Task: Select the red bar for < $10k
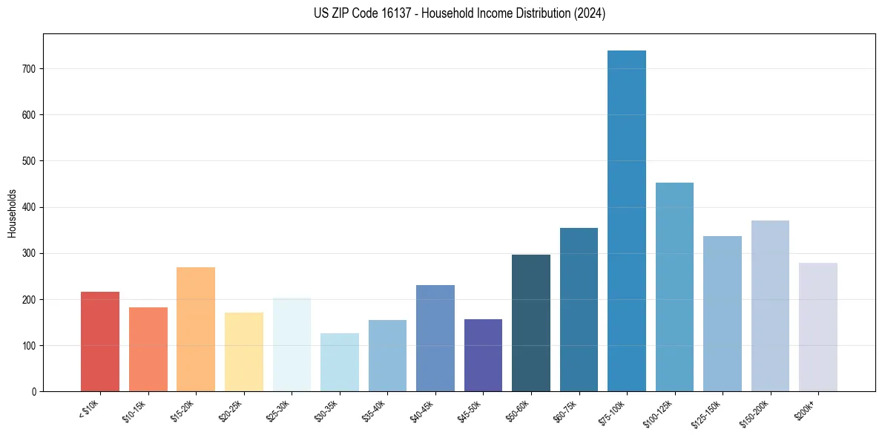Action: click(x=100, y=341)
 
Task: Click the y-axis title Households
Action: click(x=13, y=213)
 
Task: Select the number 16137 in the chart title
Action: click(x=393, y=13)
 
